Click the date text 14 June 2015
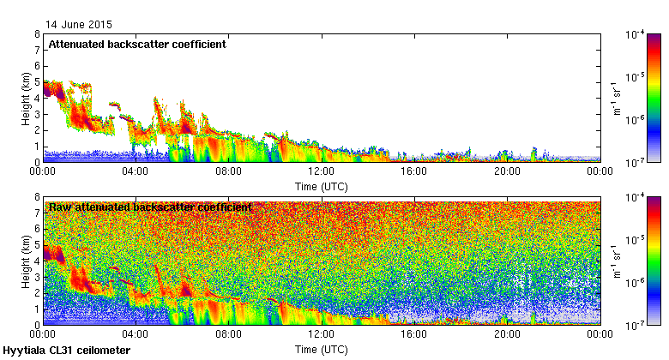pyautogui.click(x=79, y=25)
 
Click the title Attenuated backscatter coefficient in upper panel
pyautogui.click(x=137, y=45)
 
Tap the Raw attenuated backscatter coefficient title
pyautogui.click(x=150, y=207)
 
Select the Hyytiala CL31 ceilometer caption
pyautogui.click(x=67, y=351)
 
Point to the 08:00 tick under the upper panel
pyautogui.click(x=228, y=171)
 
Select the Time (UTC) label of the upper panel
pyautogui.click(x=322, y=185)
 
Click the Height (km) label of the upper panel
pyautogui.click(x=27, y=98)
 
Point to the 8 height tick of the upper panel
pyautogui.click(x=37, y=34)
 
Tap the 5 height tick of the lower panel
pyautogui.click(x=37, y=245)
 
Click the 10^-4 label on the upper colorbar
pyautogui.click(x=636, y=35)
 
